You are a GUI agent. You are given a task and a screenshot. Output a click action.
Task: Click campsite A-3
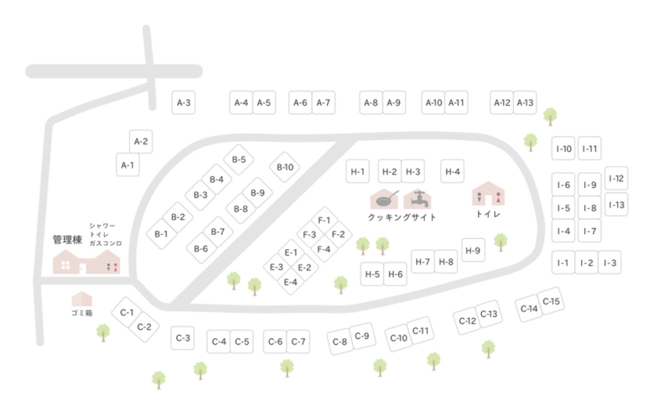[x=184, y=103]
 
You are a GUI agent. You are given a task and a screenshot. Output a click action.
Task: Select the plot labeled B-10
[x=285, y=167]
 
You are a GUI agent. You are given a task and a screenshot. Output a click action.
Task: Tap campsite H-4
[x=453, y=172]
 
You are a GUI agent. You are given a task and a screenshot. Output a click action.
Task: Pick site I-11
[x=590, y=149]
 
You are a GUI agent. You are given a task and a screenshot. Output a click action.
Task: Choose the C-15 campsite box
[x=552, y=302]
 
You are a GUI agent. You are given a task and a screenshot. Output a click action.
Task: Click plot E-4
[x=291, y=282]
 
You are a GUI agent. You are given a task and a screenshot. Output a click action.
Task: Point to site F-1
[x=324, y=220]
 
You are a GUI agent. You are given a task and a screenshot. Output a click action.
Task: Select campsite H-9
[x=474, y=250]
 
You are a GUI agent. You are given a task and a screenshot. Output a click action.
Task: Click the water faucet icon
[x=418, y=199]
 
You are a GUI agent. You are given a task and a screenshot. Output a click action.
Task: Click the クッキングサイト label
[x=402, y=217]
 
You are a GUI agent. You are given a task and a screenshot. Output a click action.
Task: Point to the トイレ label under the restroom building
[x=488, y=215]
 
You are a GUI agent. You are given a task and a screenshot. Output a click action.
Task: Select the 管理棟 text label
[x=67, y=239]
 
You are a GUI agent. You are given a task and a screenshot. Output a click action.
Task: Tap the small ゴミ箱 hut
[x=81, y=299]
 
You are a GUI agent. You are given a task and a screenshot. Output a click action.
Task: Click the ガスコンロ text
[x=106, y=243]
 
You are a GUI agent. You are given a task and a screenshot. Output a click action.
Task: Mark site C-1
[x=127, y=312]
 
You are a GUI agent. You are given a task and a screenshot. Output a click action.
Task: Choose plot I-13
[x=616, y=205]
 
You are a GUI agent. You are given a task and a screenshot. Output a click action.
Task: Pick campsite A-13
[x=525, y=103]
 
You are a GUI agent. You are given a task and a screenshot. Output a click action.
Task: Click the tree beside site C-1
[x=103, y=331]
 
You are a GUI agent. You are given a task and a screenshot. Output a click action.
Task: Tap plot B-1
[x=161, y=234]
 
